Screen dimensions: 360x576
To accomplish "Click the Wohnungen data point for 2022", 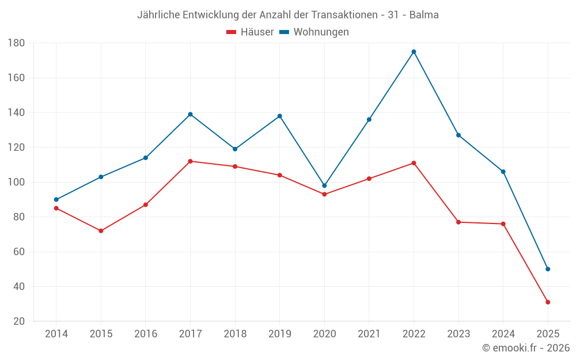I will pyautogui.click(x=414, y=52).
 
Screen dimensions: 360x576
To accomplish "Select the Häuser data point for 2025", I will pyautogui.click(x=548, y=302).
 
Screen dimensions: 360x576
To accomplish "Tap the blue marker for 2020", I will pyautogui.click(x=324, y=185).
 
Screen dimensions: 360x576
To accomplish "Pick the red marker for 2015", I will pyautogui.click(x=101, y=231).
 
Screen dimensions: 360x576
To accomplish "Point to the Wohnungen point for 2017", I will pyautogui.click(x=190, y=114).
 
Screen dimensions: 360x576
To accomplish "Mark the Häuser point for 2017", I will pyautogui.click(x=190, y=161).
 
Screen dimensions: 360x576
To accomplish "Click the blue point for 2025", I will pyautogui.click(x=548, y=269).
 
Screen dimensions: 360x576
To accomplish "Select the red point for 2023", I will pyautogui.click(x=458, y=222).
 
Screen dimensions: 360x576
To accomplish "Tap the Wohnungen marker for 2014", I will pyautogui.click(x=56, y=199).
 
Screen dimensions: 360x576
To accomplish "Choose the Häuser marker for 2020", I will pyautogui.click(x=324, y=194).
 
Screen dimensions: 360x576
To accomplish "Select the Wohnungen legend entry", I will pyautogui.click(x=314, y=32).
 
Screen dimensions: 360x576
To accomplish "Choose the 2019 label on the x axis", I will pyautogui.click(x=279, y=334).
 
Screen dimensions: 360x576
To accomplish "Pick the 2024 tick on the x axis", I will pyautogui.click(x=503, y=334).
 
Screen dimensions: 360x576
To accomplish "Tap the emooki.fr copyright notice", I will pyautogui.click(x=526, y=348).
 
